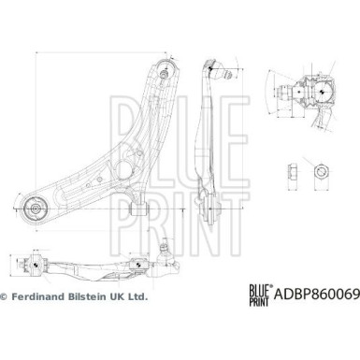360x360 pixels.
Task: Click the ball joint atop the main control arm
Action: tap(165, 70)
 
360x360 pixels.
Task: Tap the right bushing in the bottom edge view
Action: tap(137, 266)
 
